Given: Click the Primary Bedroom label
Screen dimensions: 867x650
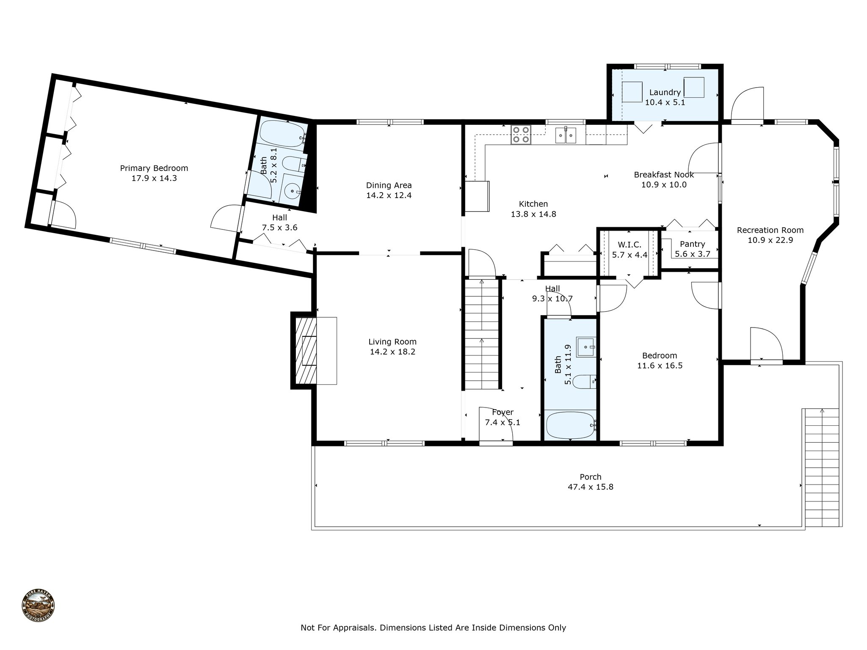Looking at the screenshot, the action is pos(154,168).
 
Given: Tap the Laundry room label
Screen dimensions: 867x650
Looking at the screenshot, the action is pos(665,92).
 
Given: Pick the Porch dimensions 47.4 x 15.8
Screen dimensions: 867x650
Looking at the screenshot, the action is pos(590,487).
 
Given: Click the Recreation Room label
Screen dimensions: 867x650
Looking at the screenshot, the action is pos(770,230).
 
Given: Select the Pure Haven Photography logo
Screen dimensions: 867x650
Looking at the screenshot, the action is pos(38,606).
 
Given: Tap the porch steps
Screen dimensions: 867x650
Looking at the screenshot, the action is pos(821,468).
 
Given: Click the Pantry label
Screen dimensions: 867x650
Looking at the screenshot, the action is pos(692,244).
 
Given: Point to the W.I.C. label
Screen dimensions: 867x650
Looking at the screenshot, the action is pos(630,245).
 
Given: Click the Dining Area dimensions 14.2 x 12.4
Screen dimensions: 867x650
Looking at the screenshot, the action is pos(389,196).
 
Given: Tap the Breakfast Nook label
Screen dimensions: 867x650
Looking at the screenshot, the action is pos(664,174).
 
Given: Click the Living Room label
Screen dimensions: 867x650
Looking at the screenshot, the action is pos(392,342).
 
